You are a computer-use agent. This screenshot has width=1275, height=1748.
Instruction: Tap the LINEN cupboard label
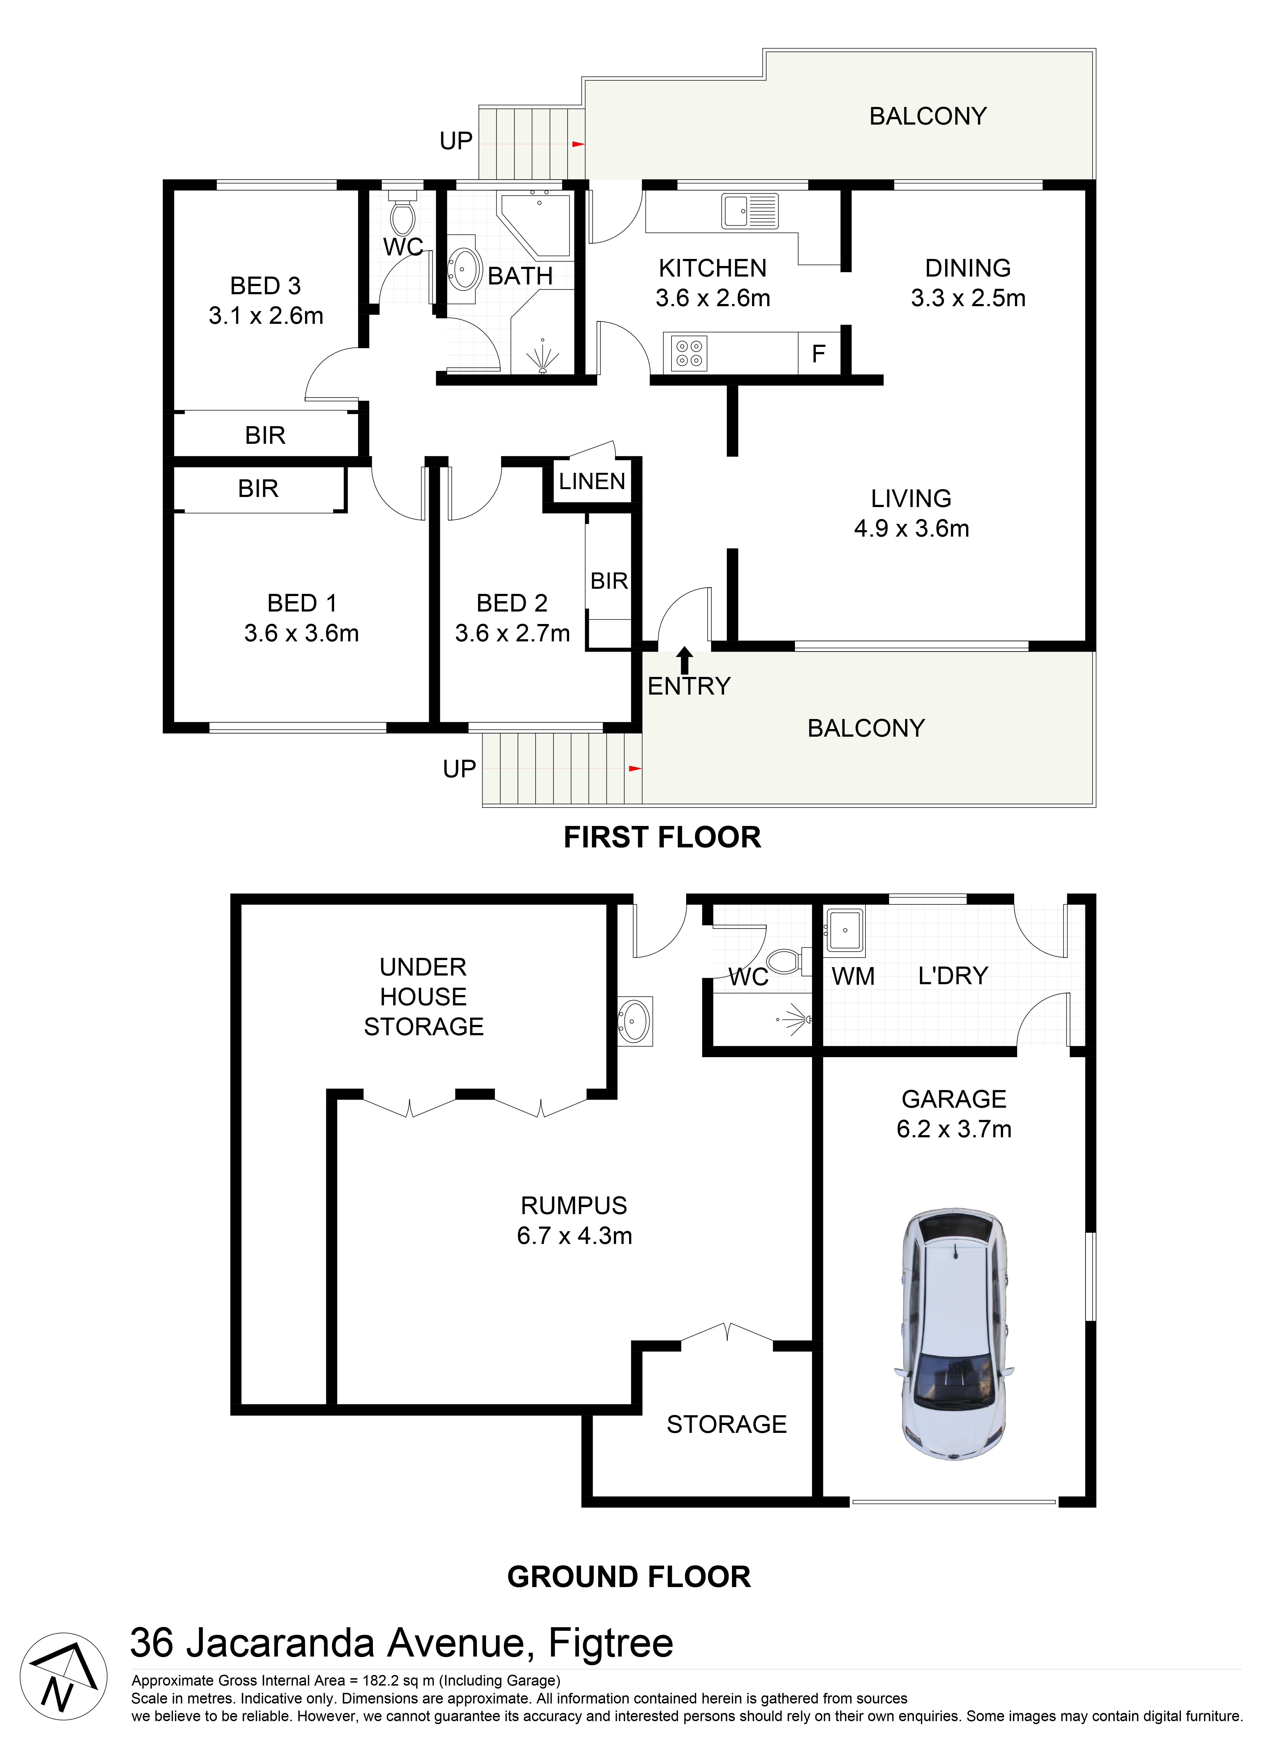pos(592,482)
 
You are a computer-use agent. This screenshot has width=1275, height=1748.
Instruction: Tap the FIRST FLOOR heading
pos(662,837)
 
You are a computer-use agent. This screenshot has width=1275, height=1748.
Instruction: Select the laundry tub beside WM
pos(845,931)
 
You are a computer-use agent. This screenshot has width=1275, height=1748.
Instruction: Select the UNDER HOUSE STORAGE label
pos(424,997)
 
